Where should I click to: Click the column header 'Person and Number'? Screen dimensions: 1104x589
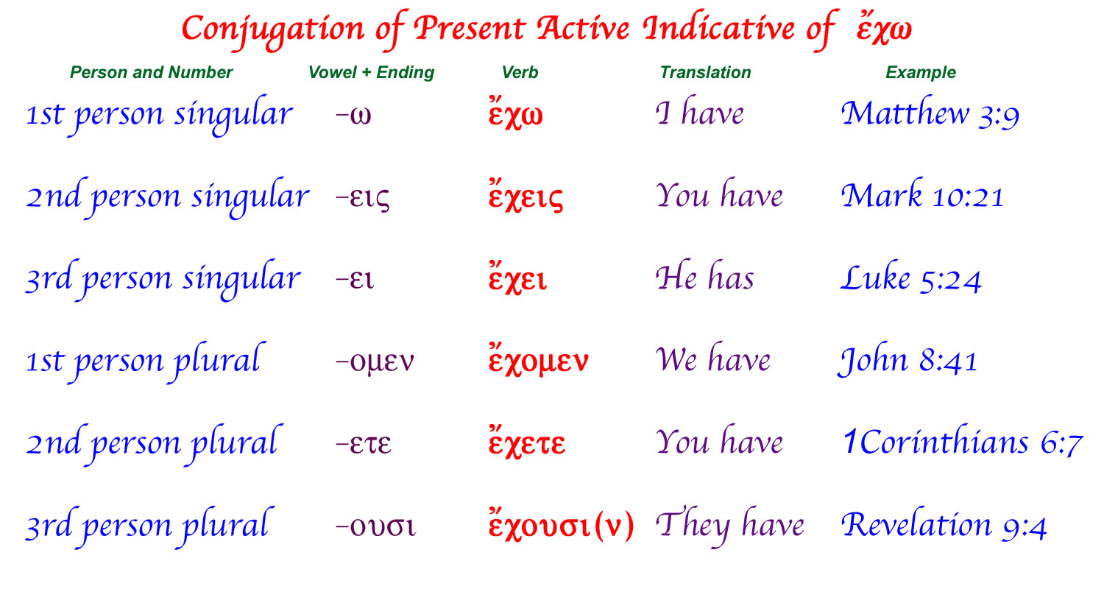point(151,72)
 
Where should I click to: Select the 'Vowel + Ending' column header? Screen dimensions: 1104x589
point(371,72)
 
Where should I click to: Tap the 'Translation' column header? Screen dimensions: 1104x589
point(705,72)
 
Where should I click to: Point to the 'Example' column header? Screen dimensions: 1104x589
point(921,72)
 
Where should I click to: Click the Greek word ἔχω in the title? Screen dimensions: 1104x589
point(884,29)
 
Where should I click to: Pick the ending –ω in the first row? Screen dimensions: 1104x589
point(353,115)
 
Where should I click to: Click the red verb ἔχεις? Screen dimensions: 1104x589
point(526,195)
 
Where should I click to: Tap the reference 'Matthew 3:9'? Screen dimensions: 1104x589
point(930,113)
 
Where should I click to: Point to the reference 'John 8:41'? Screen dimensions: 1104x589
point(907,359)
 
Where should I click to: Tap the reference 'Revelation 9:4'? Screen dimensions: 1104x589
point(944,524)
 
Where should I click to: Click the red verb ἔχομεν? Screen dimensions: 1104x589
point(538,359)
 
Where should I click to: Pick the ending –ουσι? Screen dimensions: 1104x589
point(375,526)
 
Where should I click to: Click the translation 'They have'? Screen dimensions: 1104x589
point(730,525)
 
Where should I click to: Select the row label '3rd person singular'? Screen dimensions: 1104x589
point(163,279)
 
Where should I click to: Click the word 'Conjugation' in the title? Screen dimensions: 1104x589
point(273,29)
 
